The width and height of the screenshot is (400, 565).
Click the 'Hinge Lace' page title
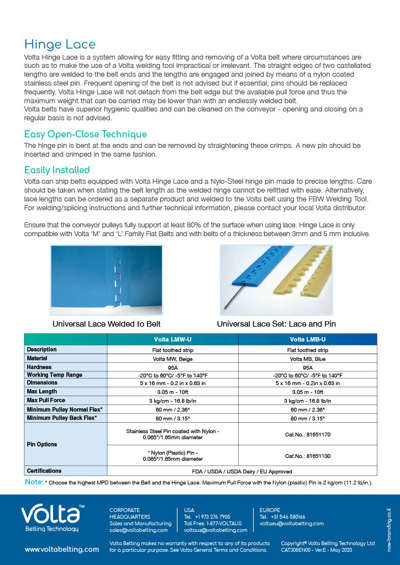click(60, 45)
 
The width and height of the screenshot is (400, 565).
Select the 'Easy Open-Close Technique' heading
click(86, 134)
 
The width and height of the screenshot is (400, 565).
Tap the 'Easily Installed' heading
click(57, 170)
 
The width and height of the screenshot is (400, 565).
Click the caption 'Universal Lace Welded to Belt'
click(107, 324)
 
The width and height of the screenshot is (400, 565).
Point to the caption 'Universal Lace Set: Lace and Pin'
click(276, 324)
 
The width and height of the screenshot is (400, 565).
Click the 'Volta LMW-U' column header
click(173, 339)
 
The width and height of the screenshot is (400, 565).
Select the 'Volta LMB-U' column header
click(308, 339)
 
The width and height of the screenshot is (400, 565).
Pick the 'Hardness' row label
click(39, 367)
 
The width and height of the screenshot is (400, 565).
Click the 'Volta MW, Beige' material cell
click(173, 359)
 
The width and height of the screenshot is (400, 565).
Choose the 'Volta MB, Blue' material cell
click(308, 359)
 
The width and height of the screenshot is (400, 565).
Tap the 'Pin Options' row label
click(42, 444)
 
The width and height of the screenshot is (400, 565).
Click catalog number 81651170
click(308, 434)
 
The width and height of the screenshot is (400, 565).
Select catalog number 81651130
click(308, 456)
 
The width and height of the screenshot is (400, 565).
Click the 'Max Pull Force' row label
click(46, 400)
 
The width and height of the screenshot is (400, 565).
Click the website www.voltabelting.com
click(62, 550)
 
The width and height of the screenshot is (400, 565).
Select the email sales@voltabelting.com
click(139, 530)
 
